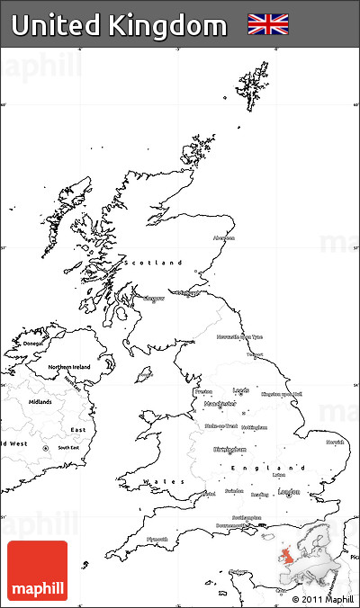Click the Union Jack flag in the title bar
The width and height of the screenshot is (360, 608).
[268, 24]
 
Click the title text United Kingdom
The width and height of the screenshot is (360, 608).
[120, 26]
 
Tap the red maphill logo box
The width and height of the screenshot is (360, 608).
[37, 570]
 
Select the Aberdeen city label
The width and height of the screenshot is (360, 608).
[223, 238]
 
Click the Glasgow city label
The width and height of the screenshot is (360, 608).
[154, 298]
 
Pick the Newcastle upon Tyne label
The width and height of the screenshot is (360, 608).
[239, 336]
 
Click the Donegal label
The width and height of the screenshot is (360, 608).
[33, 343]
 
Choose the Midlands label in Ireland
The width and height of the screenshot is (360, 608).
[40, 401]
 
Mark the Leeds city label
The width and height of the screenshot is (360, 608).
[240, 390]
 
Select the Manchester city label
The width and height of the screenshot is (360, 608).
[213, 404]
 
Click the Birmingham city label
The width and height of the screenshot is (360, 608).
[229, 449]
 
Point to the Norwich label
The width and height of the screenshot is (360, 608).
[335, 443]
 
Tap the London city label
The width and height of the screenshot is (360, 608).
[289, 492]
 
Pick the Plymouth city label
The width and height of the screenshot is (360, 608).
[157, 539]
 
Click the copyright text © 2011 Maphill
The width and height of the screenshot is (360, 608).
[322, 598]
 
